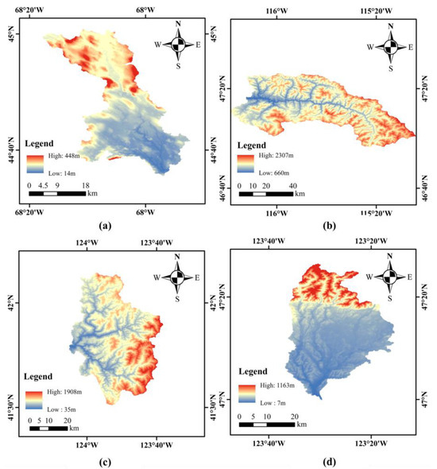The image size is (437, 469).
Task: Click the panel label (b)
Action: point(327,226)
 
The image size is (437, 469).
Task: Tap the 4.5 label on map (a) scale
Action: point(43,184)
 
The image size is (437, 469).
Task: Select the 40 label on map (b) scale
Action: point(293,186)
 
